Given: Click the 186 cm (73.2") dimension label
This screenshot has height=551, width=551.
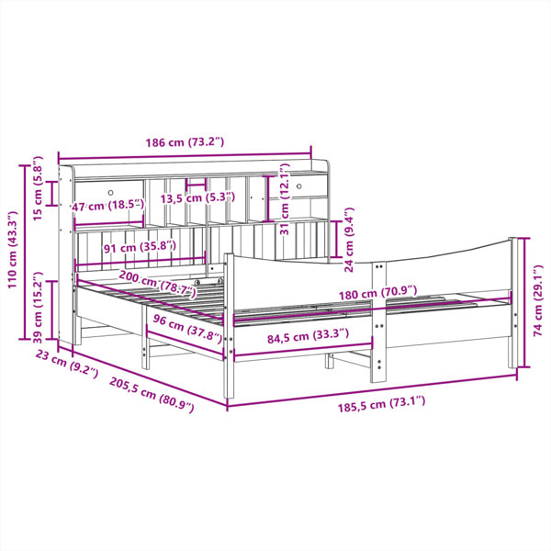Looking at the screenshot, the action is (x=185, y=142).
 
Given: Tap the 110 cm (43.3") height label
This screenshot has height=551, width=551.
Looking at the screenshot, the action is (x=13, y=250).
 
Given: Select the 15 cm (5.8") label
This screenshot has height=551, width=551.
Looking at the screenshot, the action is (x=38, y=188).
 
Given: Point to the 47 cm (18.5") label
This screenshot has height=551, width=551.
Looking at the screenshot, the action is (x=108, y=205).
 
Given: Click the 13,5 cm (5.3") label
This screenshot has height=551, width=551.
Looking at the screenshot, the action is (x=197, y=197).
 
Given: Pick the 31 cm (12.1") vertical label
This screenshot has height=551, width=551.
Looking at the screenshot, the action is (x=285, y=199).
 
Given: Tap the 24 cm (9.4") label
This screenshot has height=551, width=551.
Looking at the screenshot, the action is (x=349, y=240).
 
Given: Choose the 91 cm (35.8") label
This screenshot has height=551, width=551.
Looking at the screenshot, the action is (x=140, y=247).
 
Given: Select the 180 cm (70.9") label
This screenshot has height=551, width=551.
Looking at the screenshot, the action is (x=377, y=293).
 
